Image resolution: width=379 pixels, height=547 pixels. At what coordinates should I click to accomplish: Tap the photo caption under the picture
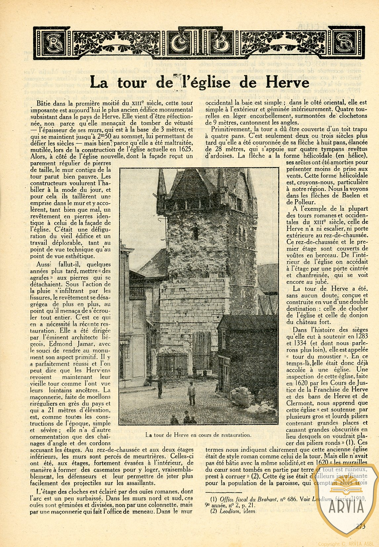coord(198,435)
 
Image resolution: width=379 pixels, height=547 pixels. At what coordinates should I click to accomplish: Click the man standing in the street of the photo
coord(191,393)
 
